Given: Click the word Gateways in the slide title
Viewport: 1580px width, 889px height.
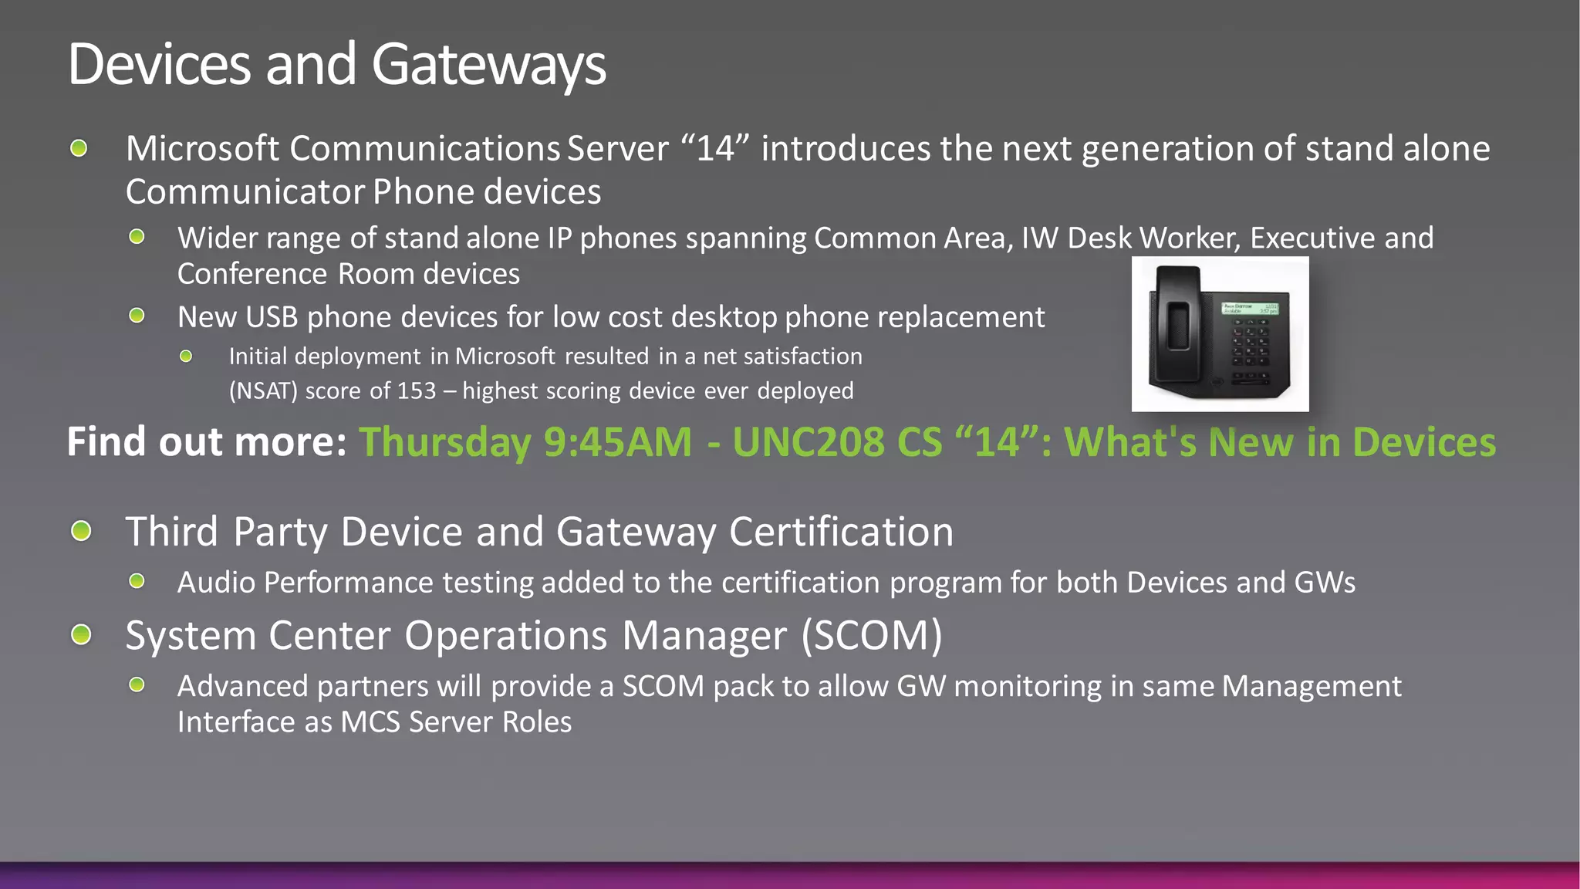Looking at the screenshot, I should (488, 65).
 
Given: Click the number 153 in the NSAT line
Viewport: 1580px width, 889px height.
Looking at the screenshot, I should (417, 390).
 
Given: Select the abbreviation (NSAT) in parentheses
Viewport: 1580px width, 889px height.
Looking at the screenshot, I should (263, 390).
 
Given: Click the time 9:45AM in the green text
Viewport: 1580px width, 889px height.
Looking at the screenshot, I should (617, 442).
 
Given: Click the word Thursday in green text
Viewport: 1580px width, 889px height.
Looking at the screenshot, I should (445, 443).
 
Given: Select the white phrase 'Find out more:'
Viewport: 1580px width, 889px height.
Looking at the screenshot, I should (207, 441).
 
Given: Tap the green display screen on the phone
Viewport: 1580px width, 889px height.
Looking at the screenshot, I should (1249, 309).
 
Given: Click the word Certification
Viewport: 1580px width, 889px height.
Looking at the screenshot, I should (841, 532).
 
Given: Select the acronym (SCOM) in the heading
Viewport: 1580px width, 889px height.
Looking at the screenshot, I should (872, 636).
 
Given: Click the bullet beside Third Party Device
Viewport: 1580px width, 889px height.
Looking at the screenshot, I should (81, 531).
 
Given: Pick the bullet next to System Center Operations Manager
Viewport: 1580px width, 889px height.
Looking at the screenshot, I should (81, 635).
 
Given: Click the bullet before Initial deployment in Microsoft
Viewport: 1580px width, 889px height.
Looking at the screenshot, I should (186, 357).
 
